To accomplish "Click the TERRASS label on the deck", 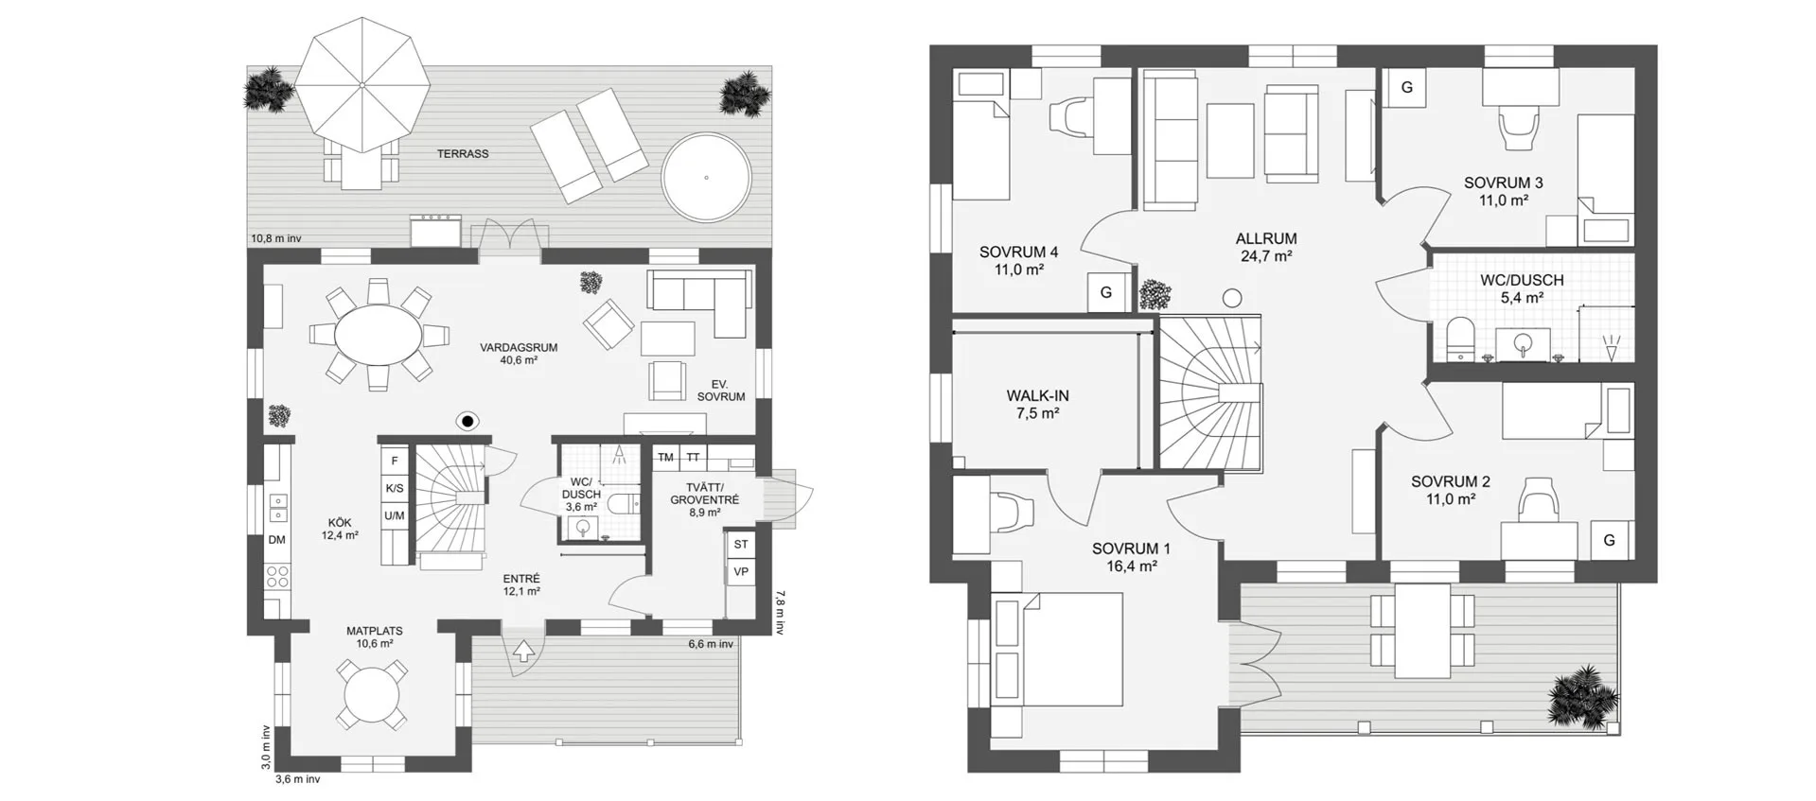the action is [463, 153].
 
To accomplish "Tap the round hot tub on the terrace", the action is [706, 178].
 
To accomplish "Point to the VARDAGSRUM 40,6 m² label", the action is [519, 354].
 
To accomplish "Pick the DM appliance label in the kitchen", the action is [276, 540].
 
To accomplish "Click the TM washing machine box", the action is [665, 458].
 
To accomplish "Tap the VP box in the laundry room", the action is [741, 572].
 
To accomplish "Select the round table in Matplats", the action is [374, 695].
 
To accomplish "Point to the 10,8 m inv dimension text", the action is [276, 238].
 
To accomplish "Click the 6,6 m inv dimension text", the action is [711, 644].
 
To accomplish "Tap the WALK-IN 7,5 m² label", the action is [1038, 405].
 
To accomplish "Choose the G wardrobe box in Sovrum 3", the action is [1407, 87].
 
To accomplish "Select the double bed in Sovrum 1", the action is [1057, 650].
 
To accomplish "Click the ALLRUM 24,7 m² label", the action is [1266, 247].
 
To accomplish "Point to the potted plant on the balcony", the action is [1582, 695].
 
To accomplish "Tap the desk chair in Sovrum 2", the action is [1538, 499].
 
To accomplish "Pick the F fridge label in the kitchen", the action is [395, 461].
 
